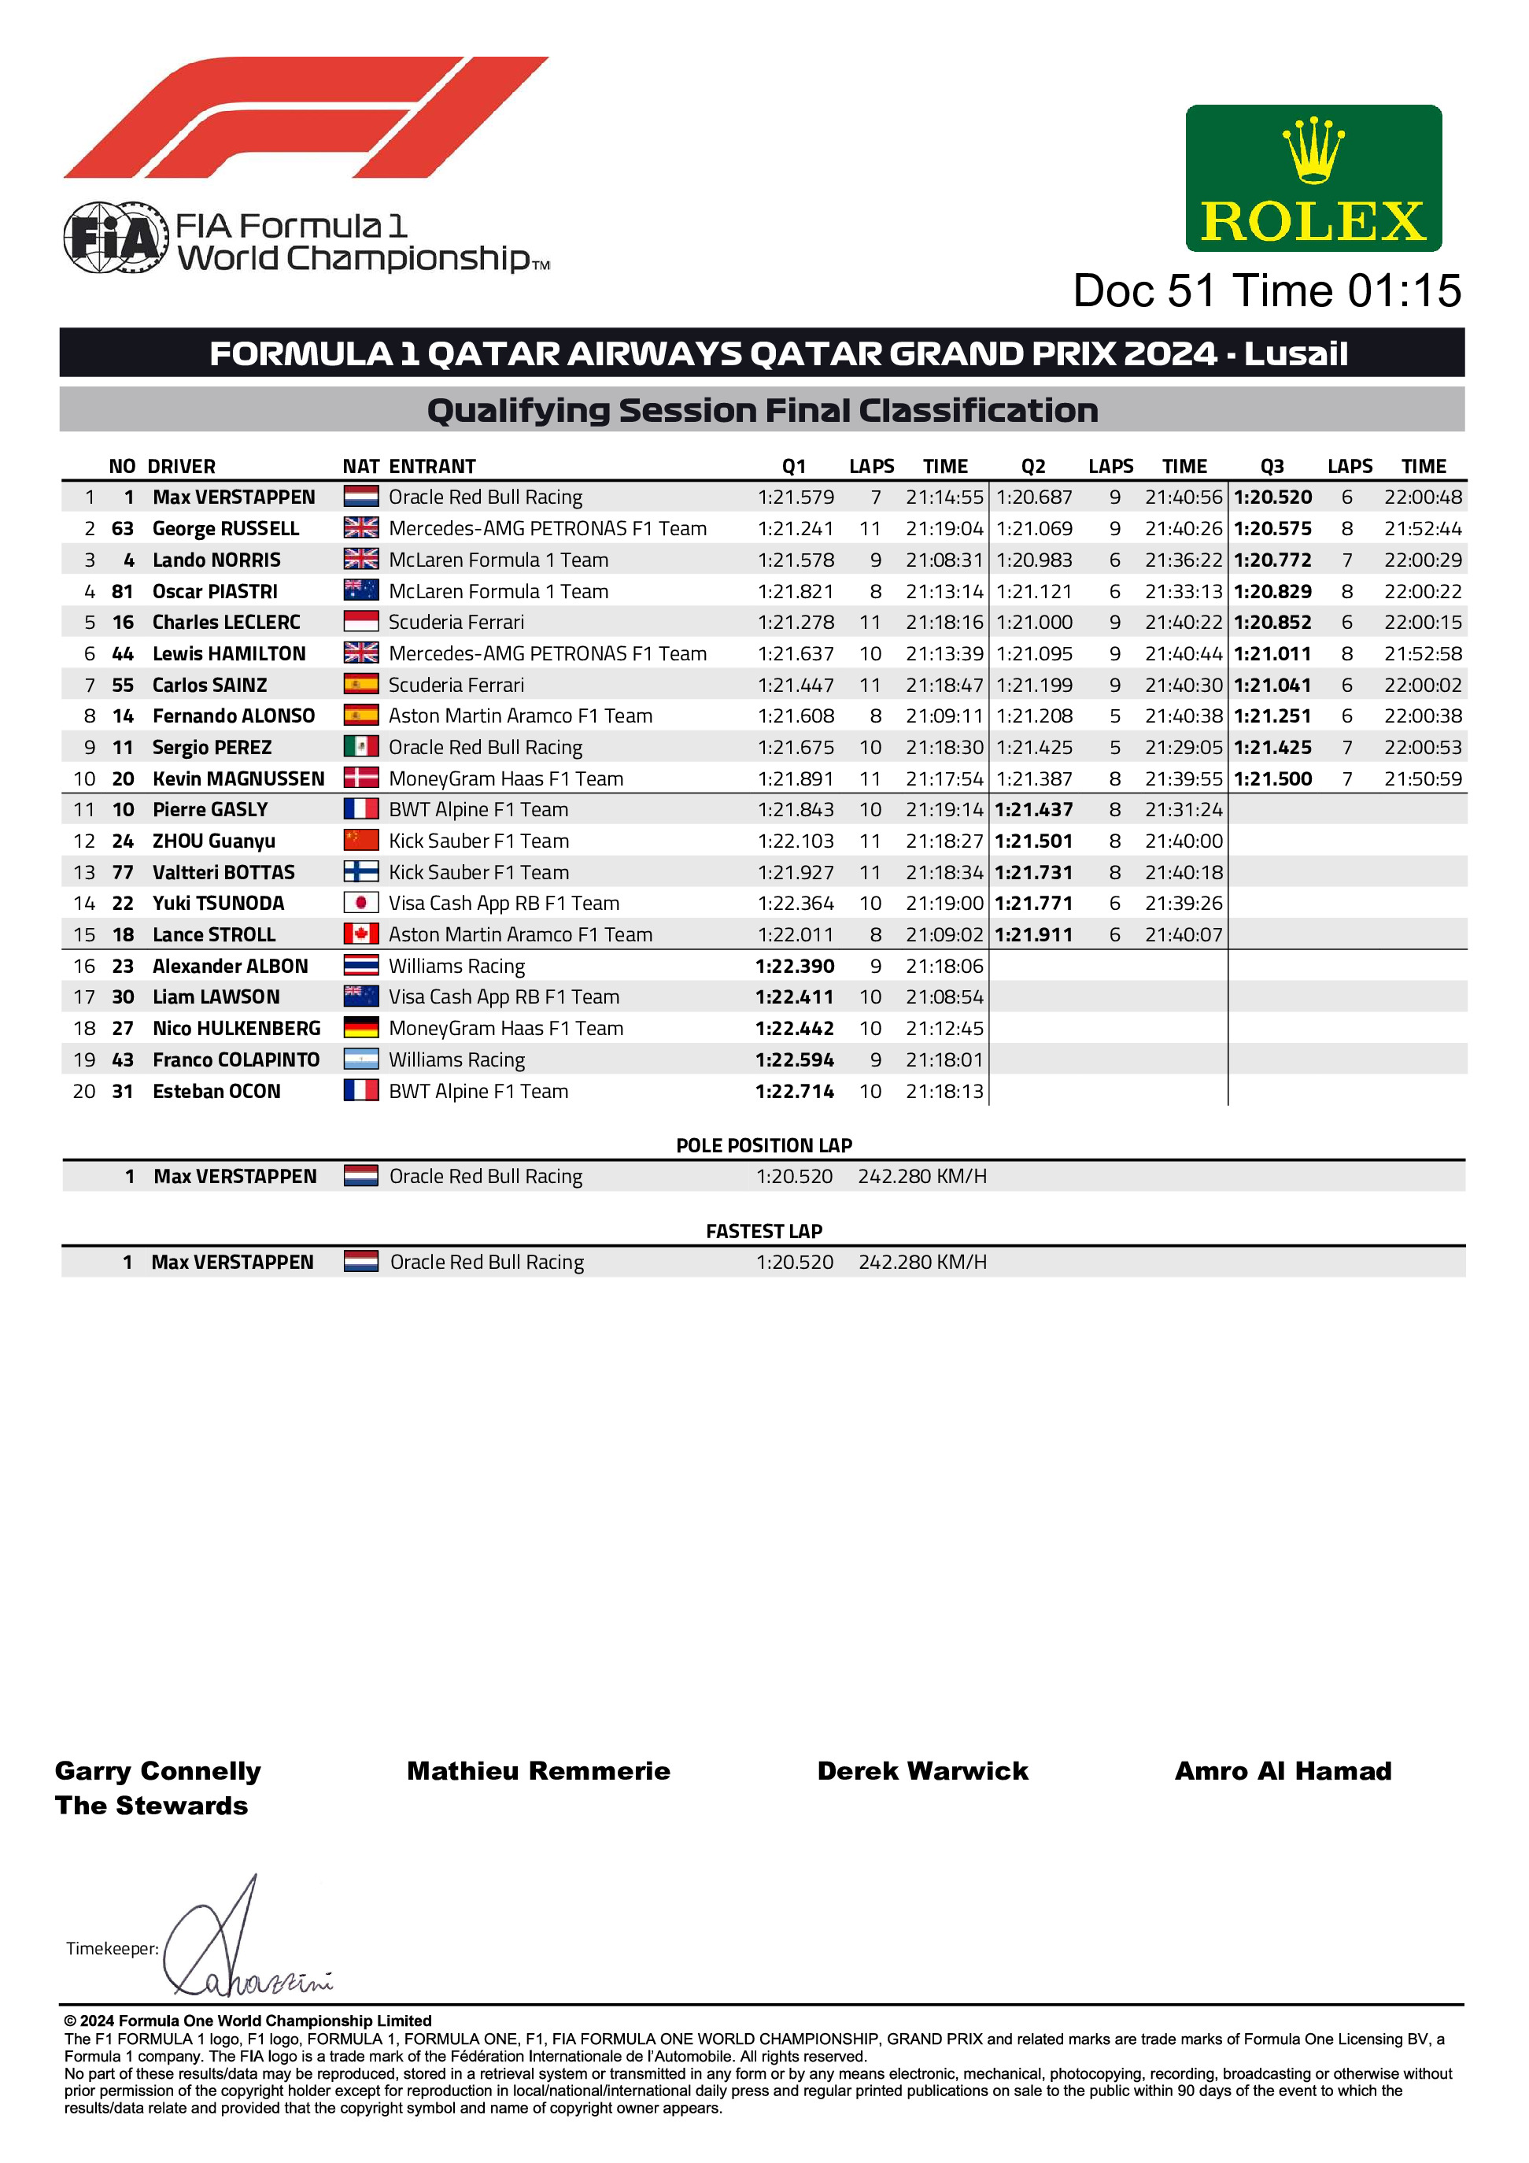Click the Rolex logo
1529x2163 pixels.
click(x=1313, y=178)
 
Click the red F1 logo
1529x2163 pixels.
click(x=305, y=118)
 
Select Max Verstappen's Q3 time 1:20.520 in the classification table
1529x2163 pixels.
click(x=1272, y=497)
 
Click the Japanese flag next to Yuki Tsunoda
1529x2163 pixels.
click(x=361, y=903)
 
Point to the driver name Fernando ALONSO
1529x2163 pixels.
click(x=234, y=716)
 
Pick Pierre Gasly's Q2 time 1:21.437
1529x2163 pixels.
click(x=1033, y=809)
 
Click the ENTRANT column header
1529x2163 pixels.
click(x=432, y=466)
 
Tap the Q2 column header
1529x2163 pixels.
click(x=1033, y=466)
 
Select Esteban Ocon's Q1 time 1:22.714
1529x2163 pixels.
click(x=794, y=1091)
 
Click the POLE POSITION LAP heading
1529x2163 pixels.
click(x=764, y=1145)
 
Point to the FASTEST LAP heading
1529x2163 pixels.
click(x=764, y=1231)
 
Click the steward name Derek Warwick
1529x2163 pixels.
click(x=922, y=1771)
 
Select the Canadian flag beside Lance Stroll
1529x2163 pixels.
click(x=361, y=934)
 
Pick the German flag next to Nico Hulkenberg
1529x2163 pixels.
click(x=361, y=1028)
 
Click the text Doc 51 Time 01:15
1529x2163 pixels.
click(x=1267, y=291)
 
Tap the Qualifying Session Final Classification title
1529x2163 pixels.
click(x=763, y=411)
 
